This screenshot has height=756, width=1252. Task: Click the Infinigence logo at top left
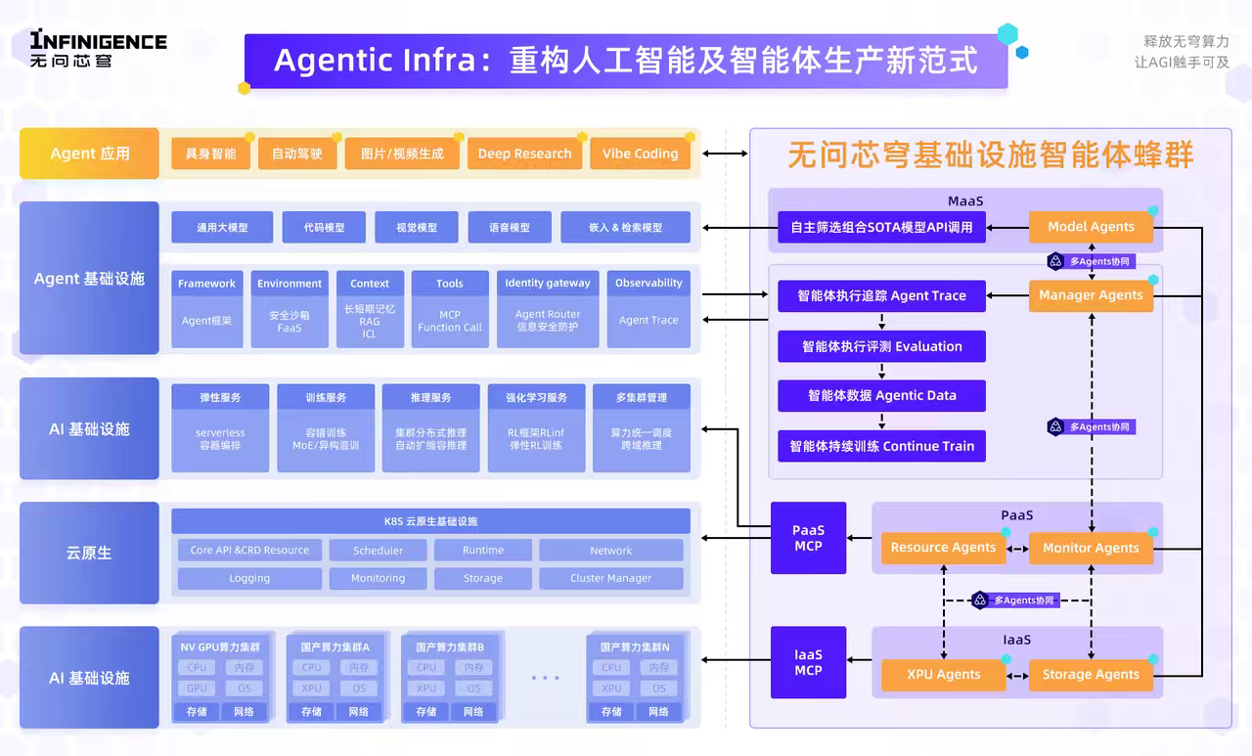tap(98, 48)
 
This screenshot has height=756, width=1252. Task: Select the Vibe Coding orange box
tap(640, 154)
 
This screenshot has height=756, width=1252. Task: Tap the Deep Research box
tap(524, 154)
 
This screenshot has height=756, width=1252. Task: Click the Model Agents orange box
tap(1091, 227)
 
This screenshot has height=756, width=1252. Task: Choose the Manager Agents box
tap(1091, 295)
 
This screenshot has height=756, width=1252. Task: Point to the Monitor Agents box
tap(1091, 548)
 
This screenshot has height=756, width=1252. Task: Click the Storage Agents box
tap(1091, 674)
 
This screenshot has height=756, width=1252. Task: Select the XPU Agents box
tap(943, 674)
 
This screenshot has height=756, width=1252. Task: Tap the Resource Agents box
tap(943, 548)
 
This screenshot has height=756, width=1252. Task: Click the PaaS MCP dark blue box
tap(808, 539)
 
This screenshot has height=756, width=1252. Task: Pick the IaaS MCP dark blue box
tap(808, 663)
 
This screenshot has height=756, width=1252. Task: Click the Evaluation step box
tap(881, 346)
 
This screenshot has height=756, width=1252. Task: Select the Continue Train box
tap(881, 446)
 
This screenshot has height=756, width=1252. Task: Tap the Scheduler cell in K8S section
tap(378, 551)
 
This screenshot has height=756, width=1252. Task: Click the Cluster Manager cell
tap(610, 579)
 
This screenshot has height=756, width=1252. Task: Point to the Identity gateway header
tap(547, 284)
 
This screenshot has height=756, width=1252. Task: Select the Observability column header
tap(648, 284)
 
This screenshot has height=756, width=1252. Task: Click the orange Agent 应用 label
tap(89, 154)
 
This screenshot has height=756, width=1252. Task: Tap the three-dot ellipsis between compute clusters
tap(545, 678)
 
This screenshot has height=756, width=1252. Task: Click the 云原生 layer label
tap(89, 553)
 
